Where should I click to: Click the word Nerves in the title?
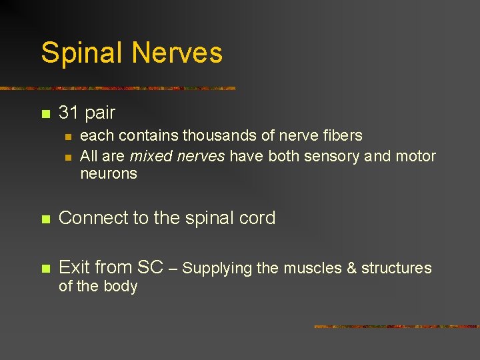179,53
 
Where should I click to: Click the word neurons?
108,174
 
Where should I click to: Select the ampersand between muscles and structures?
353,268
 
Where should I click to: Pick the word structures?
397,268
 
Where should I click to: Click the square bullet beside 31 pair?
45,114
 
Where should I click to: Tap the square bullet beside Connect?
45,219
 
